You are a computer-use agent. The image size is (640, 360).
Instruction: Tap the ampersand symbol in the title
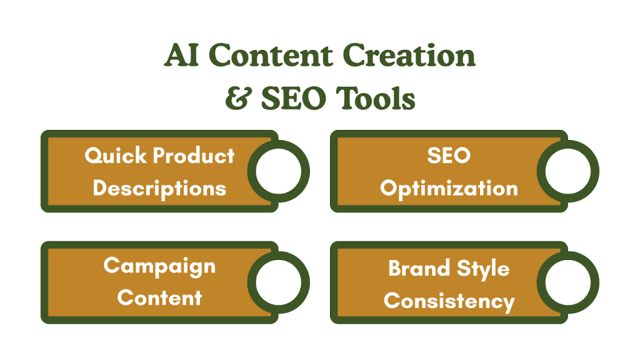pyautogui.click(x=236, y=98)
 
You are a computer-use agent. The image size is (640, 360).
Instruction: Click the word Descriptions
pyautogui.click(x=159, y=187)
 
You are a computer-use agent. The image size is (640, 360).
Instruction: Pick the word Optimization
pyautogui.click(x=449, y=188)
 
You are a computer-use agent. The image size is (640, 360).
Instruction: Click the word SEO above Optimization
pyautogui.click(x=449, y=156)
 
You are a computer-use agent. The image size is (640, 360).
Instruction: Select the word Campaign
pyautogui.click(x=159, y=266)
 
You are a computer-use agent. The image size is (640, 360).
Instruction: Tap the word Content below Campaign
pyautogui.click(x=159, y=297)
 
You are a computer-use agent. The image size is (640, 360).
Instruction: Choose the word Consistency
pyautogui.click(x=449, y=301)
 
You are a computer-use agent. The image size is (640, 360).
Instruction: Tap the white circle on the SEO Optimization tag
pyautogui.click(x=567, y=171)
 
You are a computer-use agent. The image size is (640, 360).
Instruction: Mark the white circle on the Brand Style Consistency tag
pyautogui.click(x=567, y=282)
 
